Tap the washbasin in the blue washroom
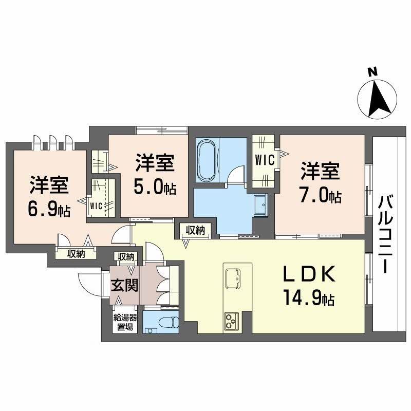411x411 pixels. point(260,206)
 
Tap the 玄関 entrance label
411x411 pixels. point(125,284)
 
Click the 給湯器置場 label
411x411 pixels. point(125,321)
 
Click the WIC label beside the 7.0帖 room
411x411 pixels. point(264,160)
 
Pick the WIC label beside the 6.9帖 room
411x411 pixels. point(97,206)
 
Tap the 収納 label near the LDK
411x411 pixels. point(195,231)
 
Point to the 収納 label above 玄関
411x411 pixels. point(126,256)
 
